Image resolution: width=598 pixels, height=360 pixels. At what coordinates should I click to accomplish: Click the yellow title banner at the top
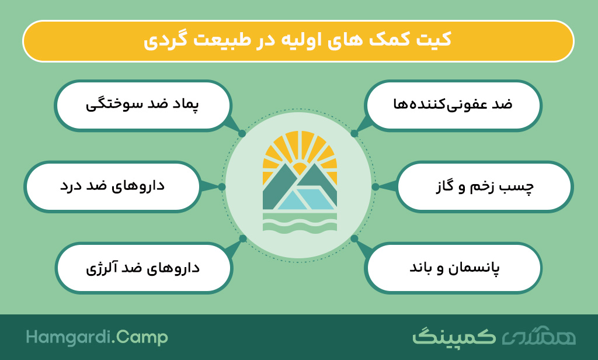click(298, 41)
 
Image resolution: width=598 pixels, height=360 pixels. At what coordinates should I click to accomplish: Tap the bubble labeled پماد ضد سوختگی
click(143, 105)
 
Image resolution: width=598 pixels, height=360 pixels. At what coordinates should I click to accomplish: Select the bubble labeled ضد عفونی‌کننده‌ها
click(453, 105)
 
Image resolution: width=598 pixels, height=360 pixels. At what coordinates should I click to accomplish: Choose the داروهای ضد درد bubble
click(113, 186)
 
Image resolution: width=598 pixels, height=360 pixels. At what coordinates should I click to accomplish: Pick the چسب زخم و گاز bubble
click(485, 186)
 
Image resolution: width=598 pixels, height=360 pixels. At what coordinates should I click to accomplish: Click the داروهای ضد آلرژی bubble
click(144, 268)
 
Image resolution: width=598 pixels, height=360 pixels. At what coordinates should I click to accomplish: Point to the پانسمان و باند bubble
click(453, 268)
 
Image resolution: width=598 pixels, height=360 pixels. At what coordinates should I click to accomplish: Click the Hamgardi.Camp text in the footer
click(97, 338)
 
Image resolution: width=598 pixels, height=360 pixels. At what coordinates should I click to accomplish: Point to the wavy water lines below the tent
click(300, 223)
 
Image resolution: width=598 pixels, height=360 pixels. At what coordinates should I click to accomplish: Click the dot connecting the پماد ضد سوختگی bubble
click(242, 134)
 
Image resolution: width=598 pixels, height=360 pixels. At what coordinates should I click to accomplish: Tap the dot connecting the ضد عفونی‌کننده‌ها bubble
click(354, 134)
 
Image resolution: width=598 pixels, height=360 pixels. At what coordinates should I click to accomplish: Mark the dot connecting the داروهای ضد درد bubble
click(222, 186)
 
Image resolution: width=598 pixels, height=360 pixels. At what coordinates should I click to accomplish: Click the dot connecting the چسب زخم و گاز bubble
click(376, 186)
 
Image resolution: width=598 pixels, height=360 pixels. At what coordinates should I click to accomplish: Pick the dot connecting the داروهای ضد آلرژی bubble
click(242, 239)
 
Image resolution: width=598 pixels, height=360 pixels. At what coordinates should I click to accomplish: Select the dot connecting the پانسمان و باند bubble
click(354, 239)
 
